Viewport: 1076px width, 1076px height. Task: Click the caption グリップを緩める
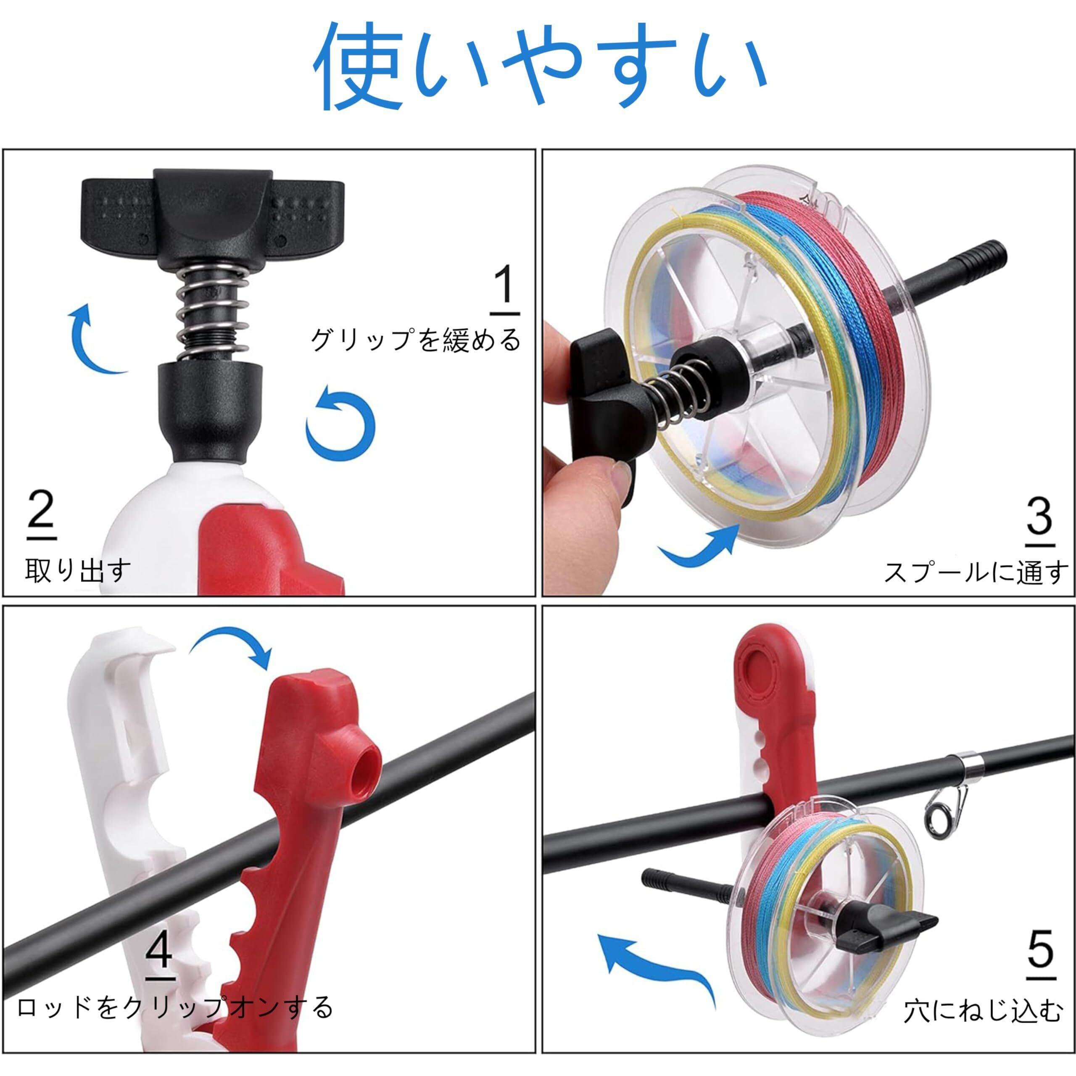coord(415,340)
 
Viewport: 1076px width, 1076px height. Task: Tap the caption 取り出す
coord(78,570)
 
